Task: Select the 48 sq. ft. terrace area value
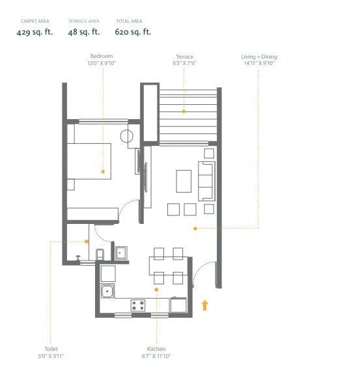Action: coord(83,31)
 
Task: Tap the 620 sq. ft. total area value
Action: coord(133,31)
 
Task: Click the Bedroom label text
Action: coord(102,57)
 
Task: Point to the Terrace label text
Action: coord(184,57)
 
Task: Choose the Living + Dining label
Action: coord(258,57)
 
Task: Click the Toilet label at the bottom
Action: coord(51,349)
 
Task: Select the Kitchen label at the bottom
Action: coord(156,349)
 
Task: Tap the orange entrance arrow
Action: coord(206,304)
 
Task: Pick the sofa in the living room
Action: coord(207,180)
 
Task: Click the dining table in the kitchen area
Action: coord(169,266)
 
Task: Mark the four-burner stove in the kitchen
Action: coord(138,304)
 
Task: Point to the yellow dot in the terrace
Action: coord(184,111)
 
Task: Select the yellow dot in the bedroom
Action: coord(103,171)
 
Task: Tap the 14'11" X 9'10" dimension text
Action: coord(258,64)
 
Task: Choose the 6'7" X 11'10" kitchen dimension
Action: coord(156,356)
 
